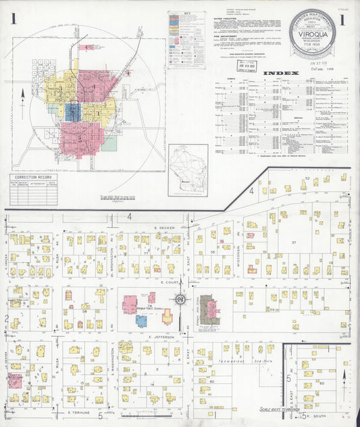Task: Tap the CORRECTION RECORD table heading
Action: [31, 176]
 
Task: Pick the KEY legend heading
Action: [190, 14]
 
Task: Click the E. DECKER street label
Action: [164, 228]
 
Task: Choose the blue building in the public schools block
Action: [142, 321]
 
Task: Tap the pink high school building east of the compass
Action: [212, 309]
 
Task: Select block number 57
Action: [294, 242]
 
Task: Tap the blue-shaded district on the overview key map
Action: [73, 111]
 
